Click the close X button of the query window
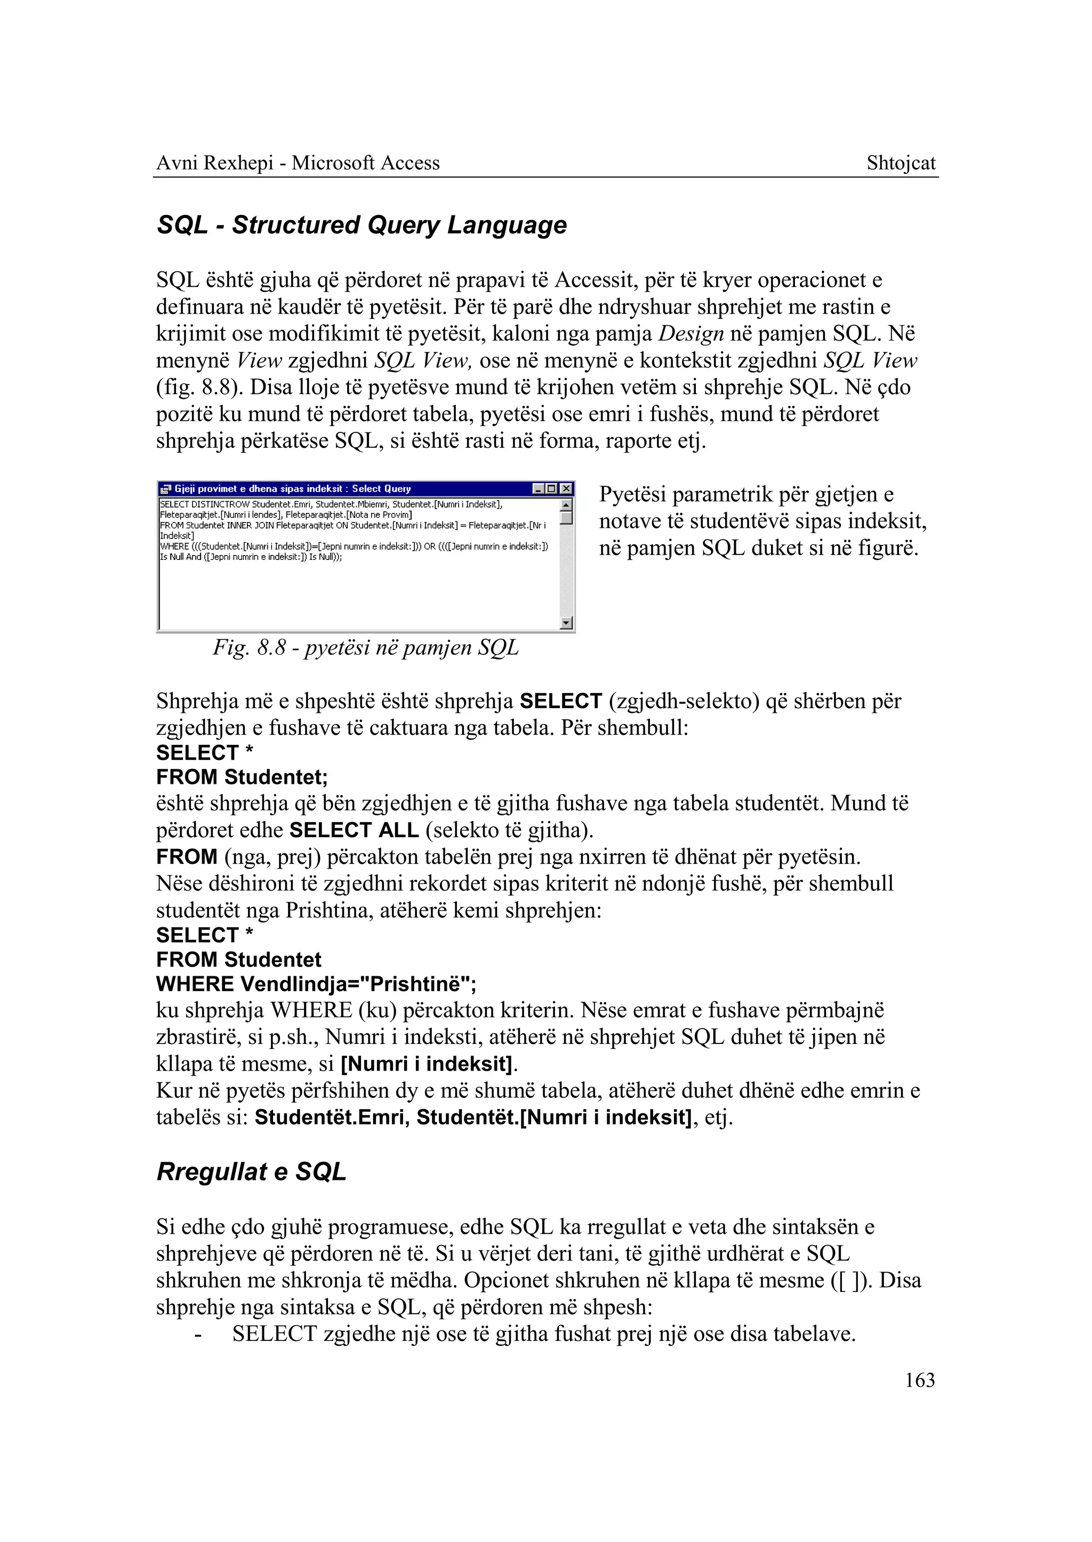[567, 488]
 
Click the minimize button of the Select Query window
[539, 488]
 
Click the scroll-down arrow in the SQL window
[566, 623]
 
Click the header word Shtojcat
[901, 163]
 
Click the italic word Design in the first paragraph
[691, 334]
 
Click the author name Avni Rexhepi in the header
[214, 163]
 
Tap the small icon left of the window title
[165, 489]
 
